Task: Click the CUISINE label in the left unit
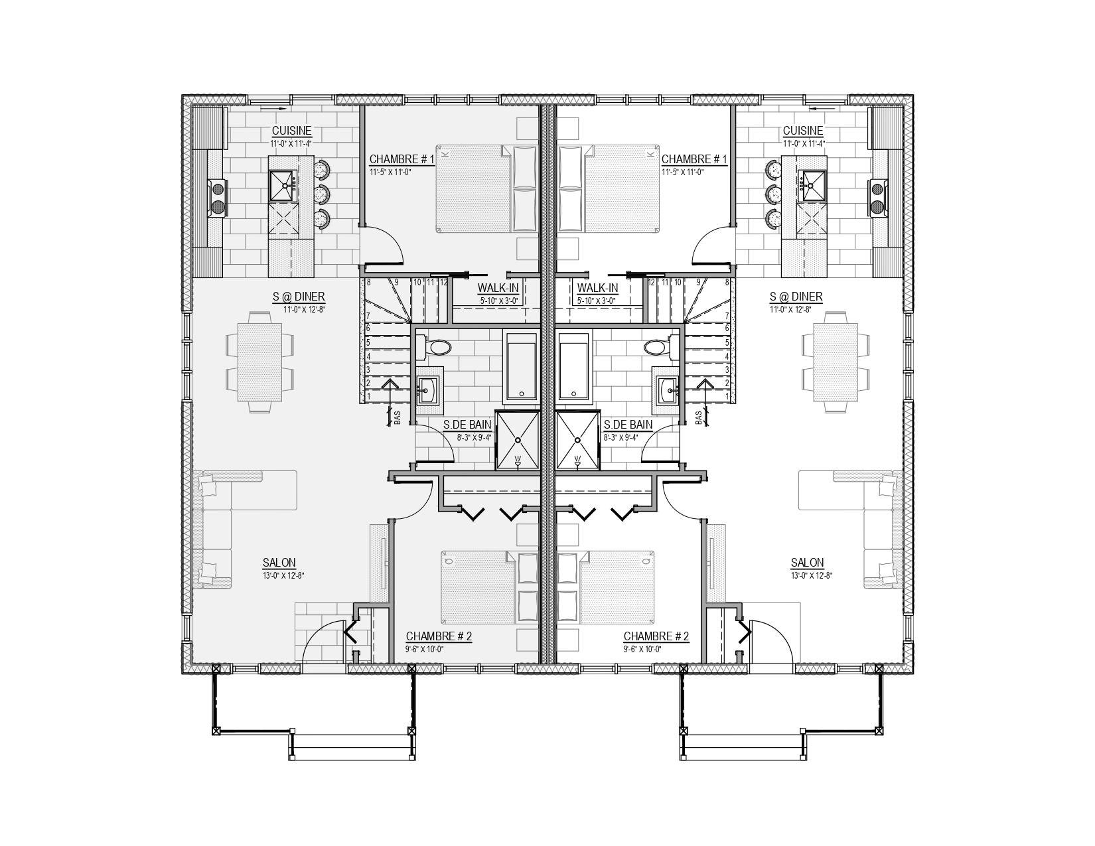coord(291,131)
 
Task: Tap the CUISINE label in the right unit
coord(803,131)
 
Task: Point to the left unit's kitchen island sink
coord(283,185)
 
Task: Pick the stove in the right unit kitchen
coord(878,198)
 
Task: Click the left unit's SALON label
coord(279,562)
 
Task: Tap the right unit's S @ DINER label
coord(796,297)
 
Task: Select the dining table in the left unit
coord(260,362)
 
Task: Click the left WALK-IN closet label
coord(498,288)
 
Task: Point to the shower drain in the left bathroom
coord(518,440)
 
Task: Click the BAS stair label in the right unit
coord(698,417)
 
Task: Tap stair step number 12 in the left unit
coord(443,282)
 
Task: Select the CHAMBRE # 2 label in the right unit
coord(656,636)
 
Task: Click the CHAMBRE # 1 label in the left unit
coord(402,159)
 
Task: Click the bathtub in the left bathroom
coord(521,368)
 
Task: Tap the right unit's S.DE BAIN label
coord(628,425)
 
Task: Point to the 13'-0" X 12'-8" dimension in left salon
coord(283,575)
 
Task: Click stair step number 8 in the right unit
coord(727,282)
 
